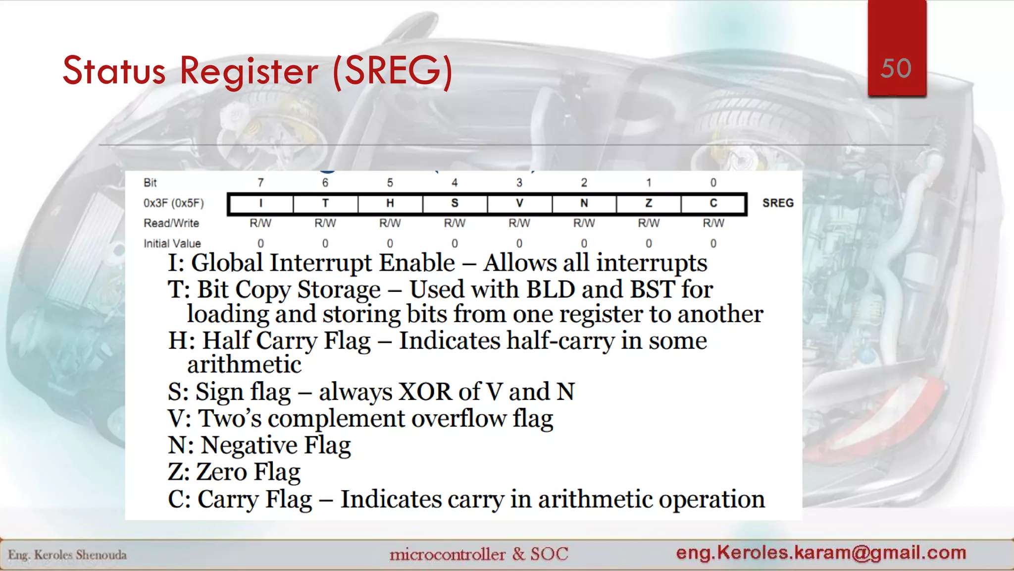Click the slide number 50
(896, 68)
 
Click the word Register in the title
(249, 71)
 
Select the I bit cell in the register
(261, 203)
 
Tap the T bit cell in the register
(325, 203)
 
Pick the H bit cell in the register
(390, 203)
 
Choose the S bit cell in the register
(455, 203)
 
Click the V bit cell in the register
(519, 203)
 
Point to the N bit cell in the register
(584, 203)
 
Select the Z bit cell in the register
(649, 203)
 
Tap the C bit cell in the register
(713, 203)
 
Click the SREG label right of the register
(778, 203)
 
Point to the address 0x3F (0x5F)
(173, 203)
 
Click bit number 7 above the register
(261, 183)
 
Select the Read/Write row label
(171, 224)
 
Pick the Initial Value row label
(172, 244)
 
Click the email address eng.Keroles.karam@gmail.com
(821, 553)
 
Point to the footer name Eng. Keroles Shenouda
(67, 555)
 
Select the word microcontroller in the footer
(448, 554)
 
